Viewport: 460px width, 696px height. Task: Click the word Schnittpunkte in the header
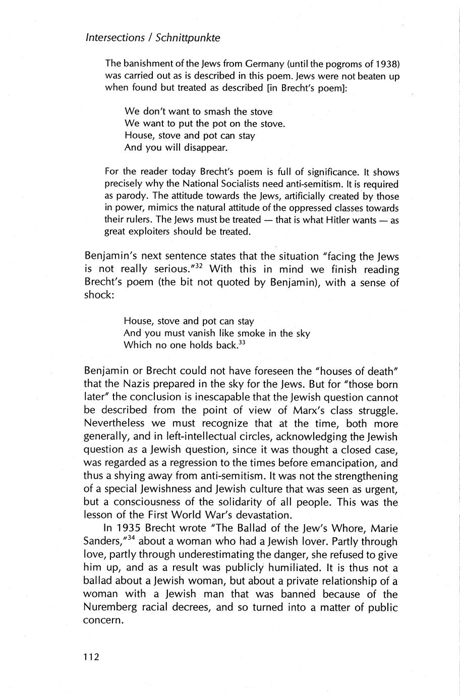click(194, 38)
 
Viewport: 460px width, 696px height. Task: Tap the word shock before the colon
click(98, 296)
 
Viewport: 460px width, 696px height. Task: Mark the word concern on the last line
click(102, 620)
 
